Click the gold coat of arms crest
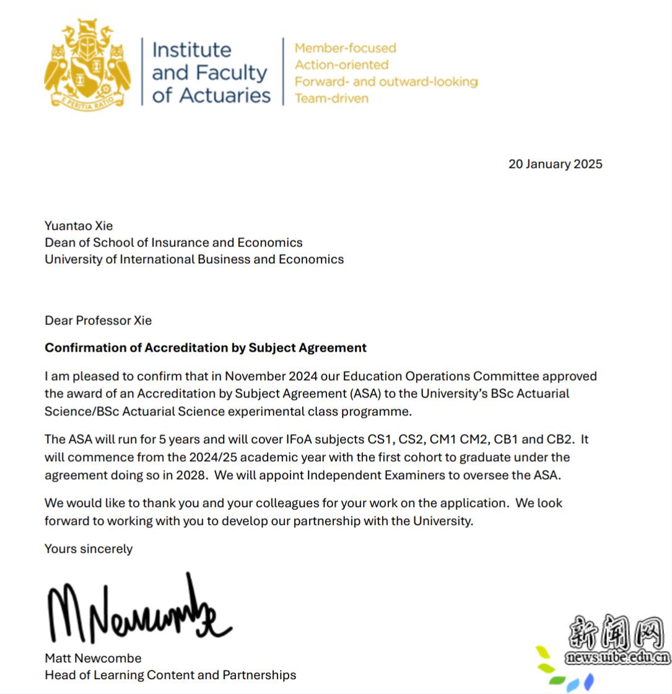tap(87, 64)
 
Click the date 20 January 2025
tap(555, 164)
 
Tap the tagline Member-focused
tap(345, 48)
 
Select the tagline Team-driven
tap(331, 98)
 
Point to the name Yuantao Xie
tap(79, 226)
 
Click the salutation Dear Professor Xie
tap(98, 321)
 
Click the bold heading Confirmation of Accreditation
tap(205, 348)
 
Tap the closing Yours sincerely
tap(89, 549)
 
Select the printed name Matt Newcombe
tap(93, 658)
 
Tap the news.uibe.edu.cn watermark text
tap(617, 658)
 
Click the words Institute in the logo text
tap(191, 50)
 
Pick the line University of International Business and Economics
tap(194, 259)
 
